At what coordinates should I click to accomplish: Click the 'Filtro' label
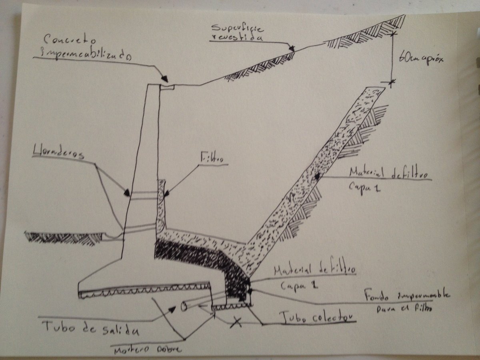coord(212,159)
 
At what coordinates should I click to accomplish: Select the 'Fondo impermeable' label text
coord(406,296)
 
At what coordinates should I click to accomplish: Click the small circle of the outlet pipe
coord(184,307)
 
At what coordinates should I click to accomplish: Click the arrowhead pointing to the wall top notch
coord(164,79)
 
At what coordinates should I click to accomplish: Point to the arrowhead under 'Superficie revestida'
coord(292,48)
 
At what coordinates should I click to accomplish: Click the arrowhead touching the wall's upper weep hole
coord(127,193)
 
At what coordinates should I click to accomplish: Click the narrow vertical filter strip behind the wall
coord(161,204)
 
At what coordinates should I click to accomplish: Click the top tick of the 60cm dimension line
coord(392,34)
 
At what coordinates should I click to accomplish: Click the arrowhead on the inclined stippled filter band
coord(317,176)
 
